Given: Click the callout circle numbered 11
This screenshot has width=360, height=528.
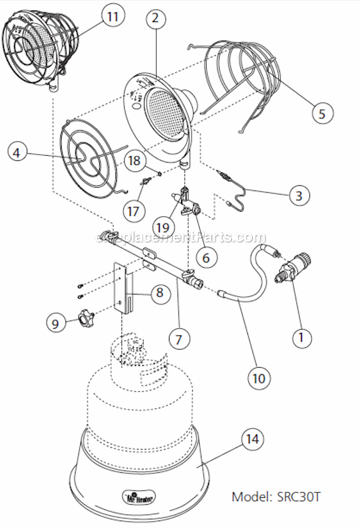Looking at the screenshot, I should (x=112, y=16).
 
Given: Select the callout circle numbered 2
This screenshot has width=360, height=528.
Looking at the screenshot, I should (x=154, y=18).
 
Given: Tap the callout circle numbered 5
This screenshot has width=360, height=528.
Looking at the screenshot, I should (x=322, y=113).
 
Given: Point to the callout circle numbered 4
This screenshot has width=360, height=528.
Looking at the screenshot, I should (x=17, y=152).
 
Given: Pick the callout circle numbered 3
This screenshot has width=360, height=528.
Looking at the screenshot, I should (x=298, y=195).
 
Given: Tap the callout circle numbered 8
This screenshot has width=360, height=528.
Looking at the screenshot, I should (x=159, y=293).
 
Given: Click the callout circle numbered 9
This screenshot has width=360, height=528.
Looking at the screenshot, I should (x=56, y=322).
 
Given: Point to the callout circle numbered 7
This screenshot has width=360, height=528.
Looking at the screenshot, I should (x=178, y=337).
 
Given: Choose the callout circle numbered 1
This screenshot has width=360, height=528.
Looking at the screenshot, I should (x=301, y=335).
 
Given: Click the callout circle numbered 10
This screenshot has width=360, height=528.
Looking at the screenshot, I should (x=259, y=378).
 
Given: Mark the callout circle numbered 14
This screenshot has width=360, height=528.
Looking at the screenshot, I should (x=252, y=440).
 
